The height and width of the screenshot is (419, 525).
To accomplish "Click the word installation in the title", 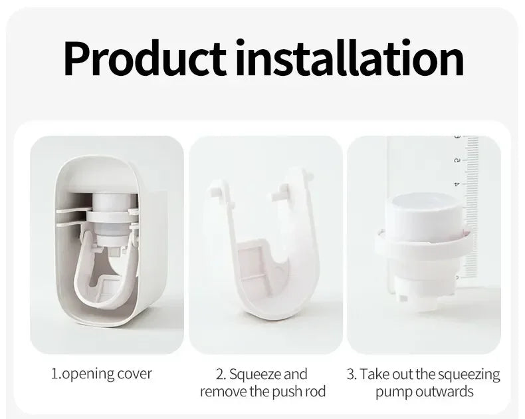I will tap(350, 59).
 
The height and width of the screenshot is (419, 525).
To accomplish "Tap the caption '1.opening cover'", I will tap(102, 374).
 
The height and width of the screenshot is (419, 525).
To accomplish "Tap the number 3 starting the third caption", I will tap(350, 374).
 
